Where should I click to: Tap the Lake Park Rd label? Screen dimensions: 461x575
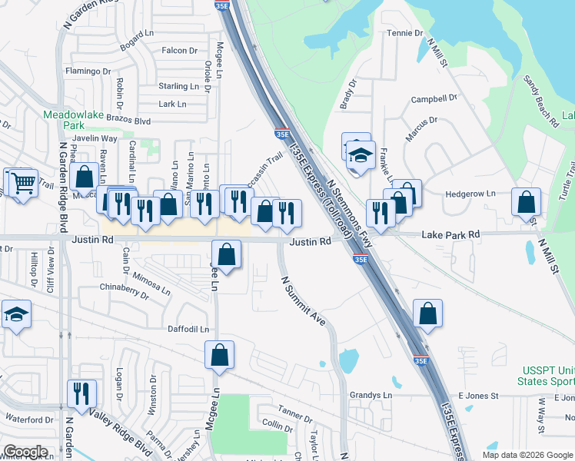(x=450, y=234)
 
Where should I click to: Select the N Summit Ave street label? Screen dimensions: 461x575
(x=303, y=301)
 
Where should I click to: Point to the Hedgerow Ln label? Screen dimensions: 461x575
(x=470, y=194)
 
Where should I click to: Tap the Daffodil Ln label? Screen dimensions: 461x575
(x=188, y=329)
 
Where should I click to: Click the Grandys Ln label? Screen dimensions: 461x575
(x=371, y=396)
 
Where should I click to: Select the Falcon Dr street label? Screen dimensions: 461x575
(x=180, y=51)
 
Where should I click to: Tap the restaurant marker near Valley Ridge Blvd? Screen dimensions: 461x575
(x=81, y=393)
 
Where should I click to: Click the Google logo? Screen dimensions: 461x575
(x=25, y=452)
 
